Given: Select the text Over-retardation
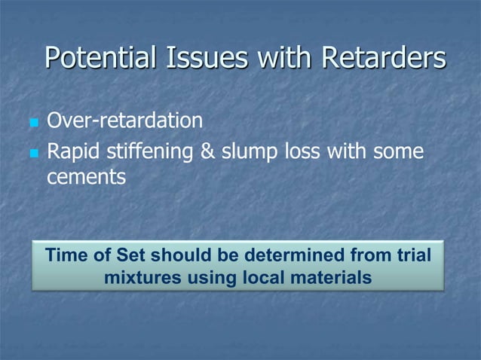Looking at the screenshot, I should click(x=124, y=121).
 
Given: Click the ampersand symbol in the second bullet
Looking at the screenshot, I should click(x=206, y=153).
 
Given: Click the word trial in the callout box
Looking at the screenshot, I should click(x=414, y=255).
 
